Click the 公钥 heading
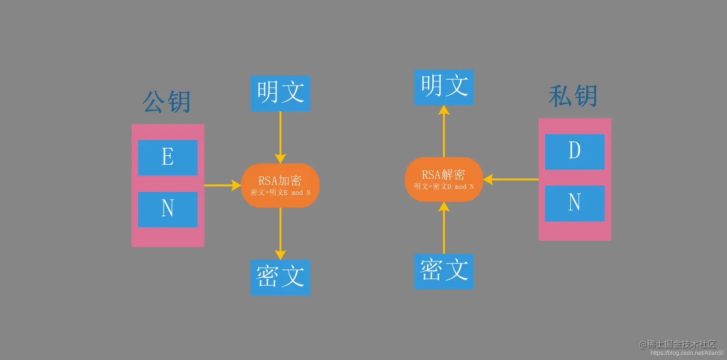(167, 101)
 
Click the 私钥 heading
(573, 96)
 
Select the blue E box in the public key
(167, 158)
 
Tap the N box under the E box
(167, 209)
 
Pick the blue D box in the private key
(575, 151)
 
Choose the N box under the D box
(575, 203)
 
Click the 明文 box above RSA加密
(280, 93)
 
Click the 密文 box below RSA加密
(280, 277)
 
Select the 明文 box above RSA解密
(444, 87)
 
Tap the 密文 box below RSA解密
(444, 271)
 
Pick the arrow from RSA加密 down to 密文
(280, 234)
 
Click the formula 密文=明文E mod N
(280, 193)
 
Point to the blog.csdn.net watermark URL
(683, 353)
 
